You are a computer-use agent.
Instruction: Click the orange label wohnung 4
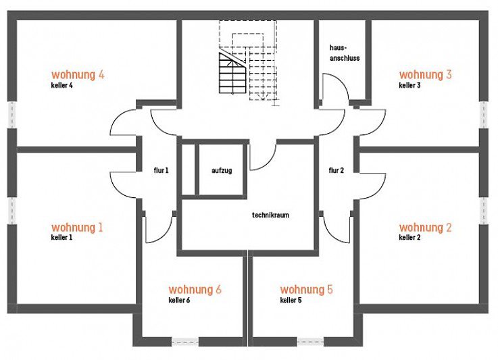point(78,75)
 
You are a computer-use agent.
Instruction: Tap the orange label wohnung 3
point(425,74)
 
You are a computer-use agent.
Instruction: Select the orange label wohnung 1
point(77,228)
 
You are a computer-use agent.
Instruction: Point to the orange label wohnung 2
point(425,228)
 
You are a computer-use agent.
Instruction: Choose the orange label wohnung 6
point(195,290)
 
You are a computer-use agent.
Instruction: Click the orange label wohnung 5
point(307,290)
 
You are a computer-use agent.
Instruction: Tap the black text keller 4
point(62,85)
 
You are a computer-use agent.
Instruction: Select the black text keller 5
point(291,300)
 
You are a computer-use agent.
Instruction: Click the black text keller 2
point(410,238)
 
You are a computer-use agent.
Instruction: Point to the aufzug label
point(222,170)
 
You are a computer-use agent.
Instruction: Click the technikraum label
point(270,215)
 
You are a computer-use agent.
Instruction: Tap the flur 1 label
point(161,170)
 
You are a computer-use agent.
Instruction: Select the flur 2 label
point(337,170)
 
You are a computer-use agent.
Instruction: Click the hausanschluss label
point(345,53)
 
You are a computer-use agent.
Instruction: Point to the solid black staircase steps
point(232,72)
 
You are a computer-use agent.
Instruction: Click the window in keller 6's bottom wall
point(185,342)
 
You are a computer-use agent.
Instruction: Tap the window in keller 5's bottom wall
point(311,342)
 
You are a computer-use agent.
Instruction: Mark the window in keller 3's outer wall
point(484,115)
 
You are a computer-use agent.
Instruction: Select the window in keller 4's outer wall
point(12,115)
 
